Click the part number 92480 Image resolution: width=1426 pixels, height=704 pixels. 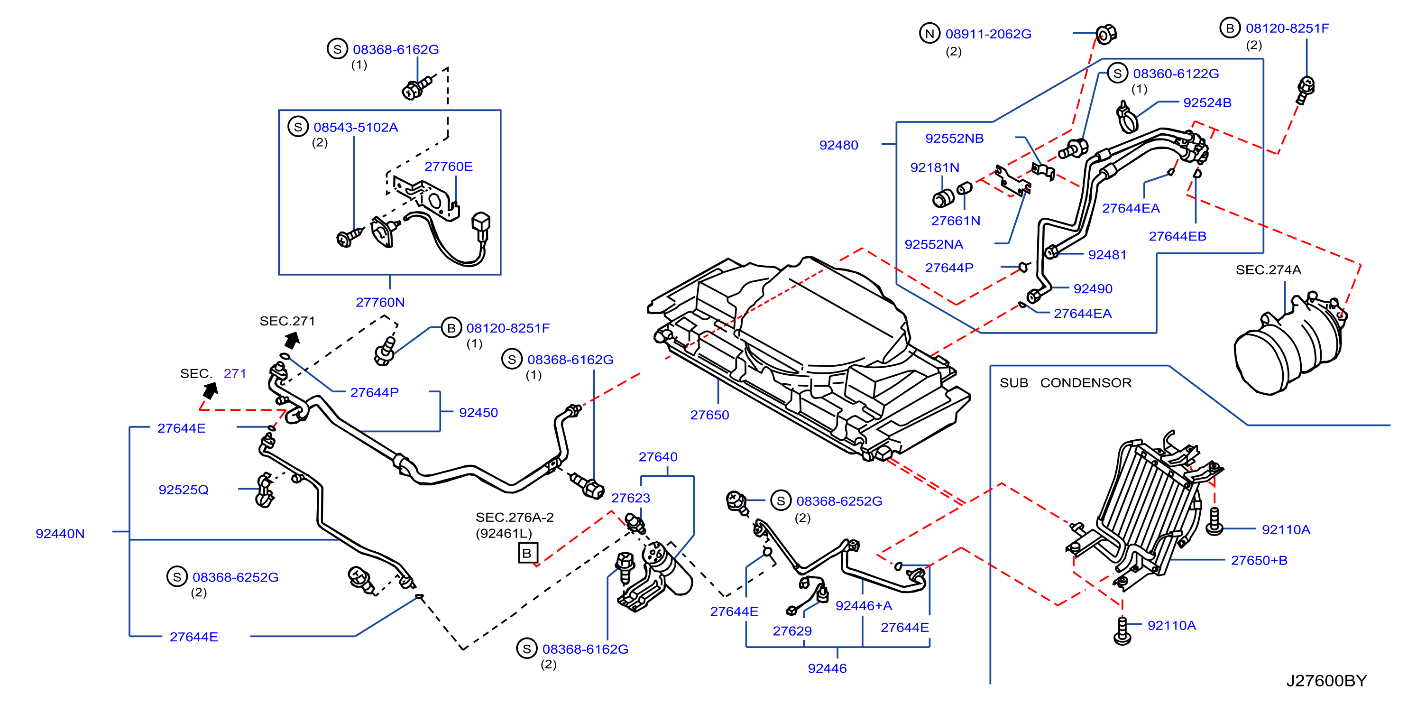point(838,145)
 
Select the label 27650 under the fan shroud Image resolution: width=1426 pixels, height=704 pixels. point(709,415)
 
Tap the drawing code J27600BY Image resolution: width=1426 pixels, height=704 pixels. point(1326,680)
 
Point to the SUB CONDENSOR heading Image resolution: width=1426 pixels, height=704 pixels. point(1065,383)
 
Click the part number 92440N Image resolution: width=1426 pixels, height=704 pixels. point(60,533)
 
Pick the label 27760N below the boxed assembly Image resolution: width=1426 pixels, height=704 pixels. point(380,302)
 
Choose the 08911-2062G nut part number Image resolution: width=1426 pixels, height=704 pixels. point(988,34)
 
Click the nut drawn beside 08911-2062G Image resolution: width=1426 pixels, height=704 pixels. point(1105,34)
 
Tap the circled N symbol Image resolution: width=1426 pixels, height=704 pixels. point(929,33)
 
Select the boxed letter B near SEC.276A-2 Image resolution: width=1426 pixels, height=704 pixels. point(527,553)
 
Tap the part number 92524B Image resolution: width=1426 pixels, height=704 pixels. point(1207,102)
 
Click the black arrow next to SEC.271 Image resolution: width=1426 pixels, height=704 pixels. point(292,340)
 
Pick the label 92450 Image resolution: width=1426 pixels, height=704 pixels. point(478,413)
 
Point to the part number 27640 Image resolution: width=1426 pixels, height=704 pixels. point(658,457)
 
